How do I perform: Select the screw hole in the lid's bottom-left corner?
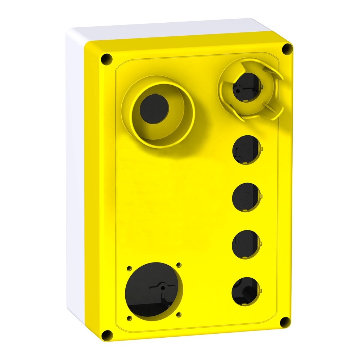(107, 335)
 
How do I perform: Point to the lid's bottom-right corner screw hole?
(285, 321)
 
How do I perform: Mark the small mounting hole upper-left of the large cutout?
(129, 268)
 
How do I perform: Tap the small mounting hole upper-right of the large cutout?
(179, 265)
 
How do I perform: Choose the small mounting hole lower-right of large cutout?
(179, 314)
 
